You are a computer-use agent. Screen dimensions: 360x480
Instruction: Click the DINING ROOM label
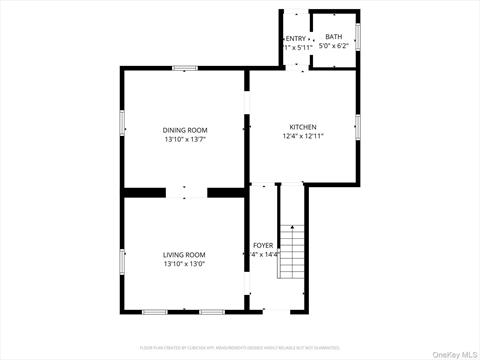coord(184,130)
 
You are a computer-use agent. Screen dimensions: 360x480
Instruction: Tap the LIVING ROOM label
coord(184,255)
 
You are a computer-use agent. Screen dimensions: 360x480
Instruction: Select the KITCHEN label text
coord(303,127)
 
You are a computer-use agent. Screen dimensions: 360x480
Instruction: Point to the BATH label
coord(333,36)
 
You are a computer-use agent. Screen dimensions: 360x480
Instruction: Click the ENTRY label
coord(297,38)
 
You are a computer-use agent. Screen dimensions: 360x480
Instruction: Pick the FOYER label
coord(263,245)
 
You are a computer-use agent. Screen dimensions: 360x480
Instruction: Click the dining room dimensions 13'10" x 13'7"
coord(184,139)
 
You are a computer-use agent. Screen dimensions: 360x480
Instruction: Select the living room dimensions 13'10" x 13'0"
coord(184,264)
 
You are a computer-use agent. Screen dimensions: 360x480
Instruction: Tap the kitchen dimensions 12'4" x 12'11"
coord(303,136)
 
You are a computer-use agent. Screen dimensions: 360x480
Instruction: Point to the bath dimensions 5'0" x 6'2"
coord(333,45)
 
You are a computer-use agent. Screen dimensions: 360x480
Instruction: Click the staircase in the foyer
coord(291,254)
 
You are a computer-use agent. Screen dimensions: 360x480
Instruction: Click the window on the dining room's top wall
coord(184,68)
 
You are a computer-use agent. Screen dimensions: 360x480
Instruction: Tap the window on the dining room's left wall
coord(122,123)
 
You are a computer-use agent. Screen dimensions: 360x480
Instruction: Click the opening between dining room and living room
coord(184,191)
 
